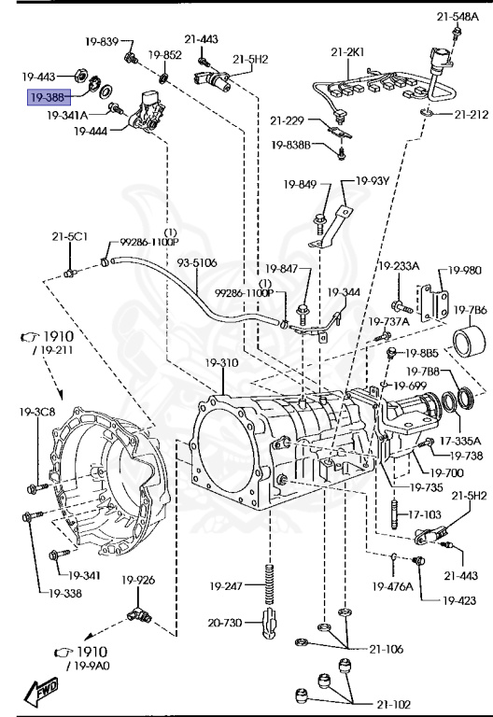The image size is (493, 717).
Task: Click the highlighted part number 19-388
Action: click(49, 97)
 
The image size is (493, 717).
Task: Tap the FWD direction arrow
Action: click(41, 691)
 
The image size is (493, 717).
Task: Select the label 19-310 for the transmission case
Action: click(221, 363)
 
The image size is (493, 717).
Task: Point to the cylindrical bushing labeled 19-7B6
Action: click(470, 341)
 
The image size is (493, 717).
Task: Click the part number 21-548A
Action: click(458, 17)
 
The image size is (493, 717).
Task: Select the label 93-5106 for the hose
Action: click(197, 263)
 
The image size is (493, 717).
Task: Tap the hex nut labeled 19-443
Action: click(81, 75)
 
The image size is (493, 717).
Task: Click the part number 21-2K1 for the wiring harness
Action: click(347, 52)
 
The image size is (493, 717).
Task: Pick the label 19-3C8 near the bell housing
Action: click(37, 412)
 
